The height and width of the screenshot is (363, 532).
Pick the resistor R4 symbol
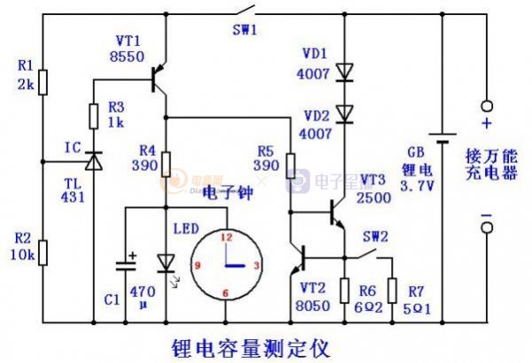coord(165,165)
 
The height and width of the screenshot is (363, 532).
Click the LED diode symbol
coord(165,264)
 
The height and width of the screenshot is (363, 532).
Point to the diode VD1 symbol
coord(343,73)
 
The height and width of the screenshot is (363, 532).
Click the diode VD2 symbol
coord(343,112)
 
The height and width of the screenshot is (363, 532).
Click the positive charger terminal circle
coord(486,104)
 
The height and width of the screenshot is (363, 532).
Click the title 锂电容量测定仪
coord(249,346)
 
